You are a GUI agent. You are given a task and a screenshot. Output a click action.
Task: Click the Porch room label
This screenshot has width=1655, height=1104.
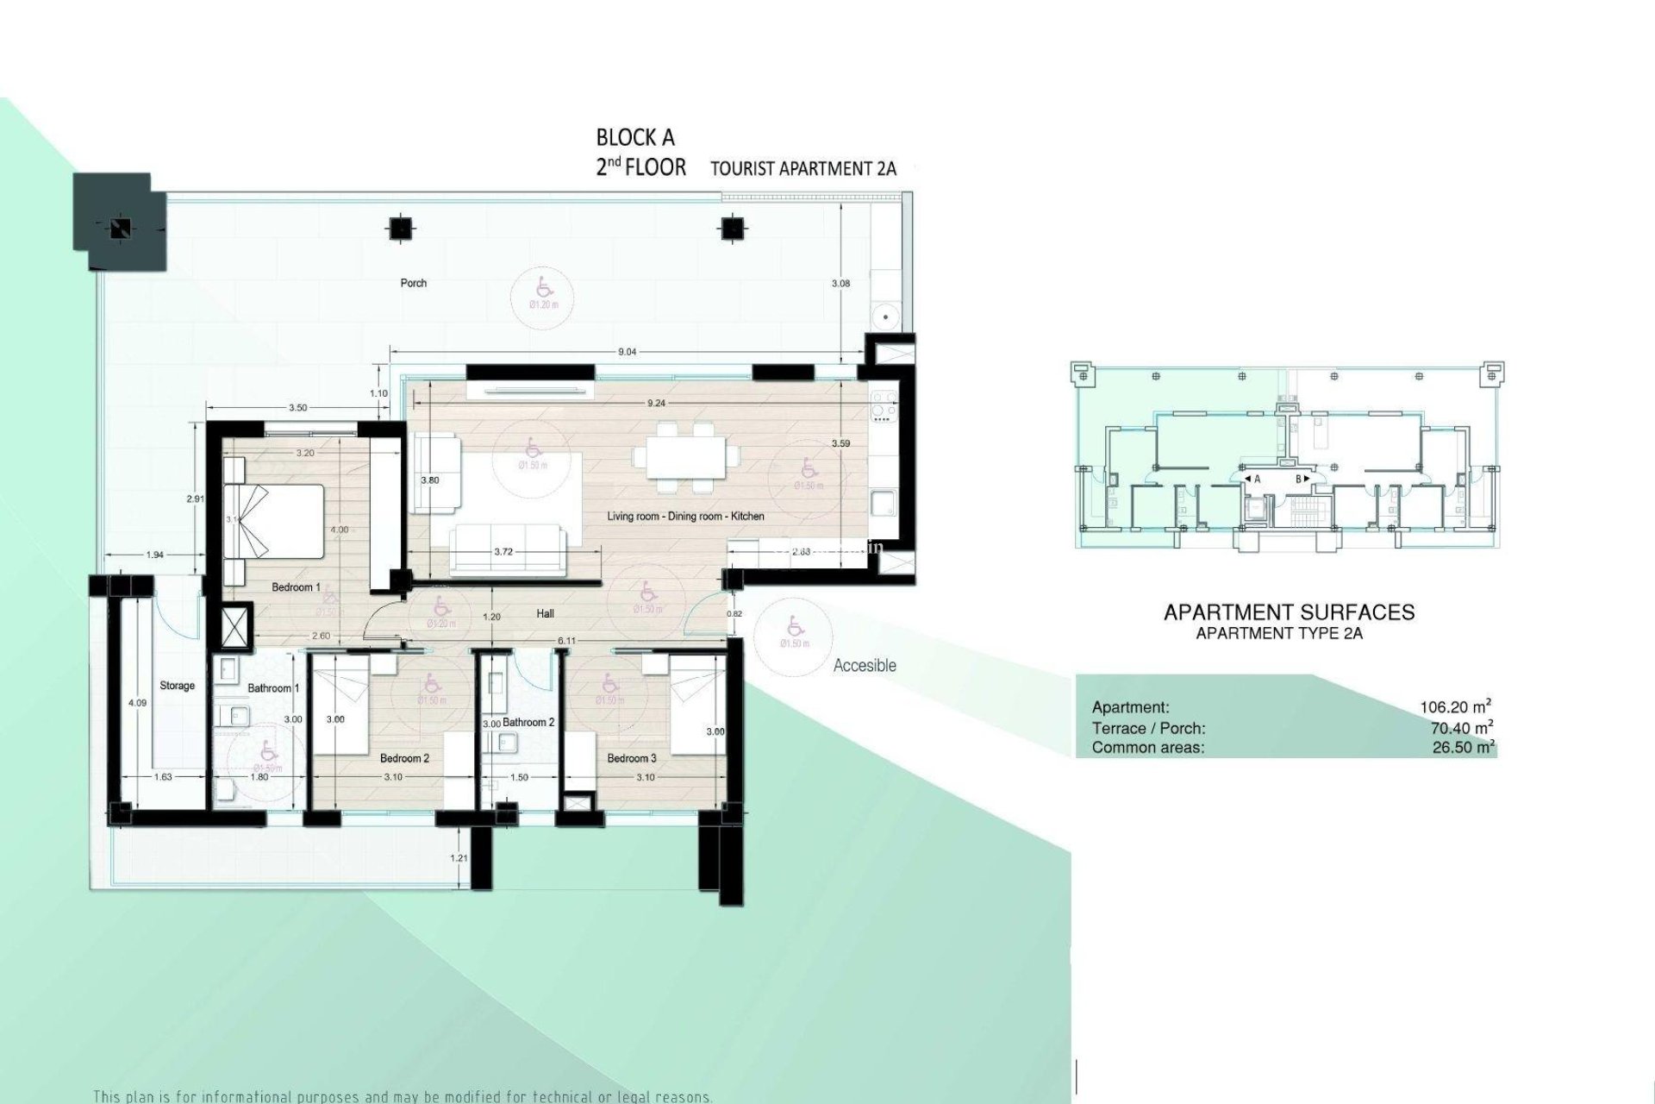click(x=414, y=283)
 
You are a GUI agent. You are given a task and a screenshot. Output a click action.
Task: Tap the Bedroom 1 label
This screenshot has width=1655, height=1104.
click(x=296, y=587)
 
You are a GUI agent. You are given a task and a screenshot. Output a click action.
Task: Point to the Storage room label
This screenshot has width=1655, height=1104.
click(x=177, y=686)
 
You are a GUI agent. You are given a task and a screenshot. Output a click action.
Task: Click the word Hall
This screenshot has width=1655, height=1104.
click(x=545, y=614)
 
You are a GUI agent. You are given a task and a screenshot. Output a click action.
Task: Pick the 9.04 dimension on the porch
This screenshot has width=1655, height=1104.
click(x=628, y=352)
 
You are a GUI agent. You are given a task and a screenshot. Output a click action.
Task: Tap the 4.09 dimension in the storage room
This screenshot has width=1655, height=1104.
click(x=137, y=703)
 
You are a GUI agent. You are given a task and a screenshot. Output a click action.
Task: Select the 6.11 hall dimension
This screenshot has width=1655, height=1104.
click(x=566, y=641)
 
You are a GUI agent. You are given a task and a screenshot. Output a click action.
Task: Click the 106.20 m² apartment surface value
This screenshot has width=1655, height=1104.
click(x=1456, y=707)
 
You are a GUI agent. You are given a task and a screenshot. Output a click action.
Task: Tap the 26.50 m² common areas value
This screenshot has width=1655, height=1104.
click(x=1462, y=747)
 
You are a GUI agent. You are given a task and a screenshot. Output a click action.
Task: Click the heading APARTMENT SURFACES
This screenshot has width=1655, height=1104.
click(x=1289, y=612)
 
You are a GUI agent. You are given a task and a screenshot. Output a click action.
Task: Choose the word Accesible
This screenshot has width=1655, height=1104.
click(x=865, y=666)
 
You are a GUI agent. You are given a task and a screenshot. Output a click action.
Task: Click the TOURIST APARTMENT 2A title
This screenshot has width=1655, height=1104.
click(x=803, y=168)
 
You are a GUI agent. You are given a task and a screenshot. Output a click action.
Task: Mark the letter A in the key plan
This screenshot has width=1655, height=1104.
click(x=1257, y=479)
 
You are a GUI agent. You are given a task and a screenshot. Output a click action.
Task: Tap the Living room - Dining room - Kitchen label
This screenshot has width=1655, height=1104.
click(x=685, y=517)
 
